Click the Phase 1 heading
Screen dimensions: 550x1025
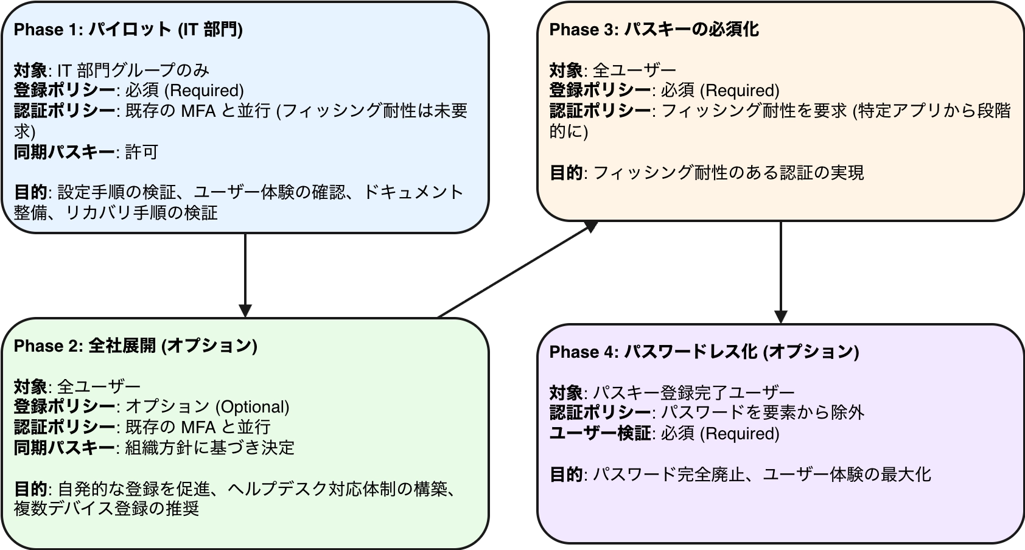pos(128,30)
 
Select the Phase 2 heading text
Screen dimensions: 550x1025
pos(135,346)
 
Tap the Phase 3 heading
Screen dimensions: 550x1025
pos(654,30)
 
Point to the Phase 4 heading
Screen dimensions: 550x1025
pos(704,352)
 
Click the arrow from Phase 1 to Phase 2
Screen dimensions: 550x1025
pos(245,274)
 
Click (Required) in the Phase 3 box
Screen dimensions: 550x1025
pos(740,91)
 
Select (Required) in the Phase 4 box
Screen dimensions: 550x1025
pos(740,434)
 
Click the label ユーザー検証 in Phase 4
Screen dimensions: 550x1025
pos(600,434)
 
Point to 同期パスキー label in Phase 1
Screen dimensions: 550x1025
pos(64,152)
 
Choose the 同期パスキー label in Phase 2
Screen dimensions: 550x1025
pos(64,448)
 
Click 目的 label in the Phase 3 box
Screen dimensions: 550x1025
pos(566,173)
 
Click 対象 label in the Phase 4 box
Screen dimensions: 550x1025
pos(566,392)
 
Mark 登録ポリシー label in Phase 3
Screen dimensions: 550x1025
pos(600,91)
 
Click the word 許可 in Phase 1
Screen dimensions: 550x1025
pos(142,152)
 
